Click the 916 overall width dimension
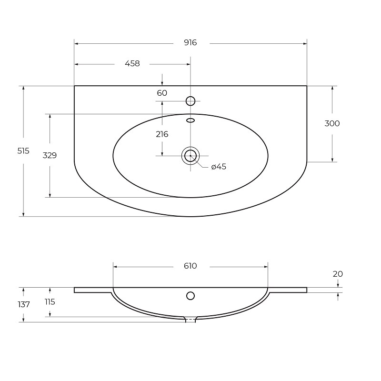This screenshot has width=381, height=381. (190, 43)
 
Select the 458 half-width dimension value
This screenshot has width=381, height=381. (132, 63)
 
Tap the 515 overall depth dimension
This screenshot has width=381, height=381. (23, 151)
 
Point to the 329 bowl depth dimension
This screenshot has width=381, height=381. (50, 155)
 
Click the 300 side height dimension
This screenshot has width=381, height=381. (332, 123)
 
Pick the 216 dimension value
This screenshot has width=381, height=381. (162, 134)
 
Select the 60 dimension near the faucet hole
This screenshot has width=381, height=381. (162, 93)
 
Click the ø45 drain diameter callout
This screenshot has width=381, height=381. (219, 167)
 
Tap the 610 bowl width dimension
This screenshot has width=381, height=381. (190, 266)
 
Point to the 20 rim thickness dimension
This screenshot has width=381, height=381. (338, 274)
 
